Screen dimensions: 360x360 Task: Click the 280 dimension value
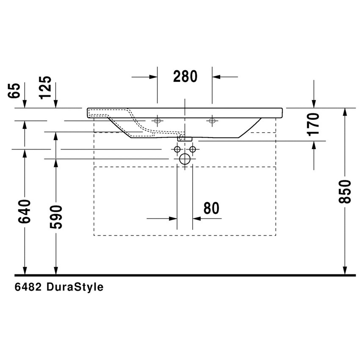point(186,77)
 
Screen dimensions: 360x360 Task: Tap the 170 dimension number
point(313,124)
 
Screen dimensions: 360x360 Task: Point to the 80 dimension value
point(211,208)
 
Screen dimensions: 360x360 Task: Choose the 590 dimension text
point(55,216)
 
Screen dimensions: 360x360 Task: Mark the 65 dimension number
point(14,90)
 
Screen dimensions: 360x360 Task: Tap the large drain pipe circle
point(185,159)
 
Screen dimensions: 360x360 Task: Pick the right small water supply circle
point(193,149)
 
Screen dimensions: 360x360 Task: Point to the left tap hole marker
point(158,122)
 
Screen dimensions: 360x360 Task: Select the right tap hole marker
point(212,122)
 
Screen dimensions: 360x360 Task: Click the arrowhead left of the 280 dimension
point(153,77)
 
